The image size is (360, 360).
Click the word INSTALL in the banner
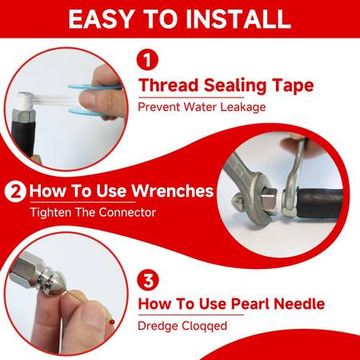click(238, 19)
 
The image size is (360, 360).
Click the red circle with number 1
click(147, 60)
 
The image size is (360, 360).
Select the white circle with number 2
click(15, 191)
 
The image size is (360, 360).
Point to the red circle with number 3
click(148, 280)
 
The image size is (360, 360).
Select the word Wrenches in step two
click(173, 191)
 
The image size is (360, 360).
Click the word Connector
click(127, 213)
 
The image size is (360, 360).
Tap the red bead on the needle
click(112, 322)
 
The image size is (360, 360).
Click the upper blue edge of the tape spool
click(94, 86)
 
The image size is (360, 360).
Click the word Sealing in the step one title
click(235, 86)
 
